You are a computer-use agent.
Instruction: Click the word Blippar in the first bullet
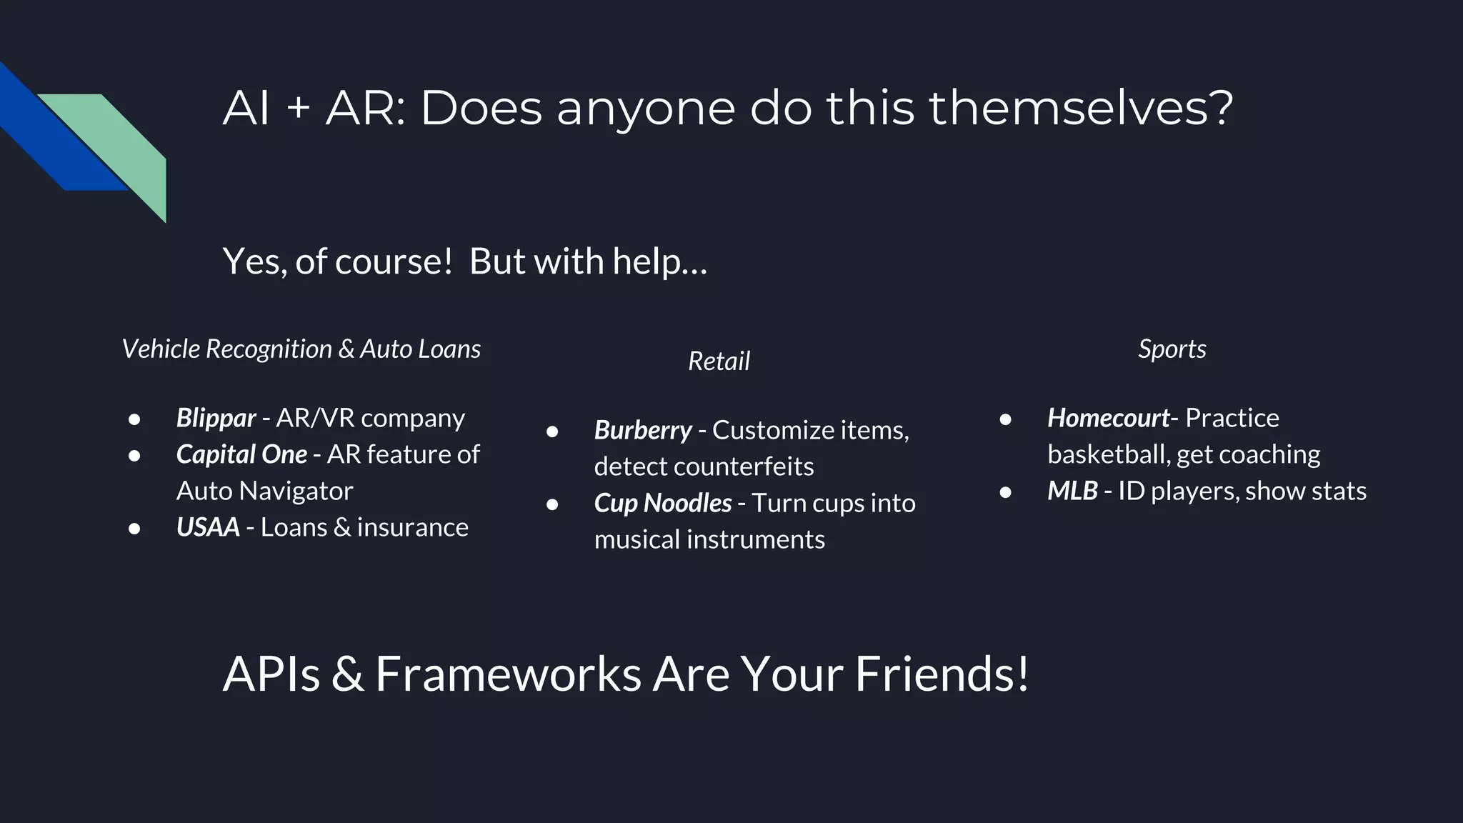(x=216, y=418)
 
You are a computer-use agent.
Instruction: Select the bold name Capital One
(x=241, y=454)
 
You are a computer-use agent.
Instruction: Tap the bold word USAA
(x=208, y=527)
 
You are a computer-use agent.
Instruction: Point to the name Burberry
(x=643, y=430)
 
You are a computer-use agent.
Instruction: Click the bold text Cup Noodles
(x=662, y=503)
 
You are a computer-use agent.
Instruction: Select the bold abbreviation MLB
(x=1072, y=491)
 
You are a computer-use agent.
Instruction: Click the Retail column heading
(x=719, y=361)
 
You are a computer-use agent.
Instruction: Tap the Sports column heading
(x=1172, y=349)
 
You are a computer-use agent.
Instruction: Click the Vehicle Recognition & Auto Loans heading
(x=301, y=349)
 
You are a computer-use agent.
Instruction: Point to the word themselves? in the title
(x=1080, y=109)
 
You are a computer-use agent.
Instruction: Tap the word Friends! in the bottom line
(x=942, y=673)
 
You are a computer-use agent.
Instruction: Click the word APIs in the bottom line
(x=271, y=673)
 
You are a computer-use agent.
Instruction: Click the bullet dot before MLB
(x=1005, y=492)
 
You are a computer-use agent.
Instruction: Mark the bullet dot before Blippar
(x=134, y=419)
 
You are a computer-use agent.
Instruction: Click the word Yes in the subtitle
(x=253, y=261)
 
